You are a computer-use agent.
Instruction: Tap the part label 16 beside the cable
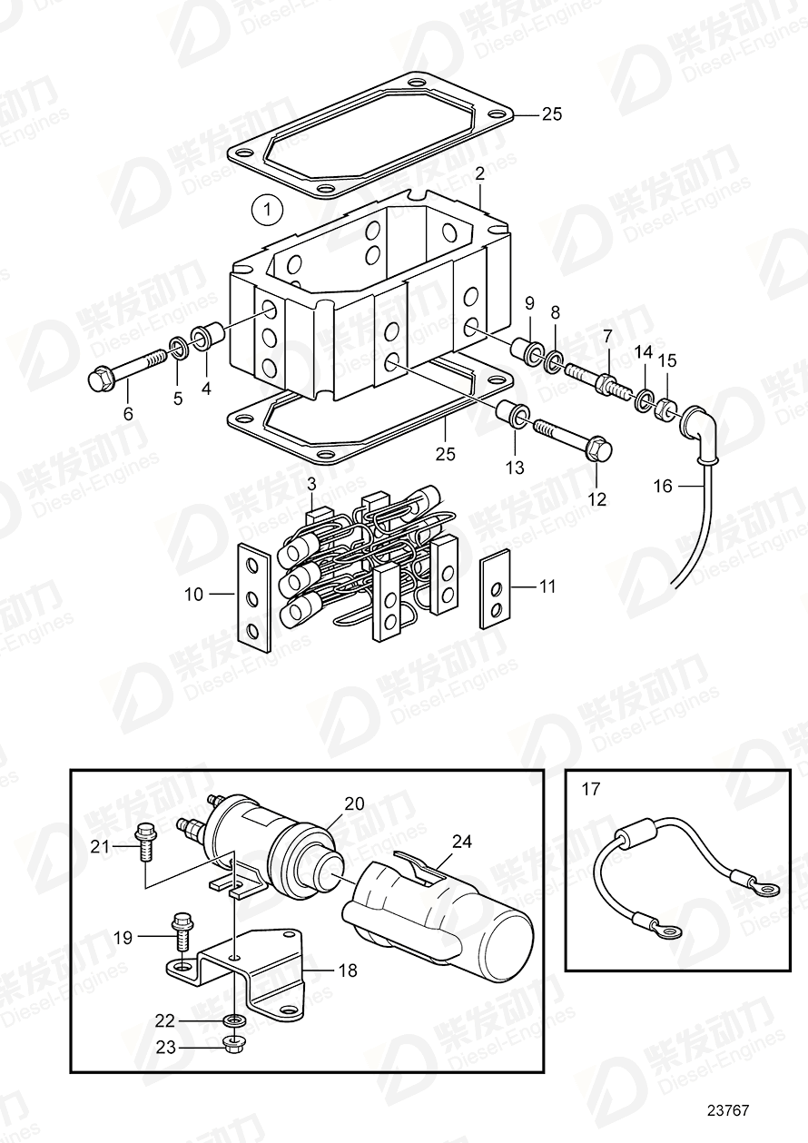pos(663,487)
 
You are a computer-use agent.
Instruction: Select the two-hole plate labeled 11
pos(495,588)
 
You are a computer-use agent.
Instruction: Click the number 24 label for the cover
pos(462,842)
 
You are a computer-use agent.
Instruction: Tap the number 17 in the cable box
pos(590,789)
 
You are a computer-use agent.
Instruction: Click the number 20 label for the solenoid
pos(353,803)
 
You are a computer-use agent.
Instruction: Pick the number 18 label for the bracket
pos(348,971)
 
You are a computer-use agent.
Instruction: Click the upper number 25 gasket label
pos(551,114)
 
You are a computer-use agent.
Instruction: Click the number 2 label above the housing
pos(478,172)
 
